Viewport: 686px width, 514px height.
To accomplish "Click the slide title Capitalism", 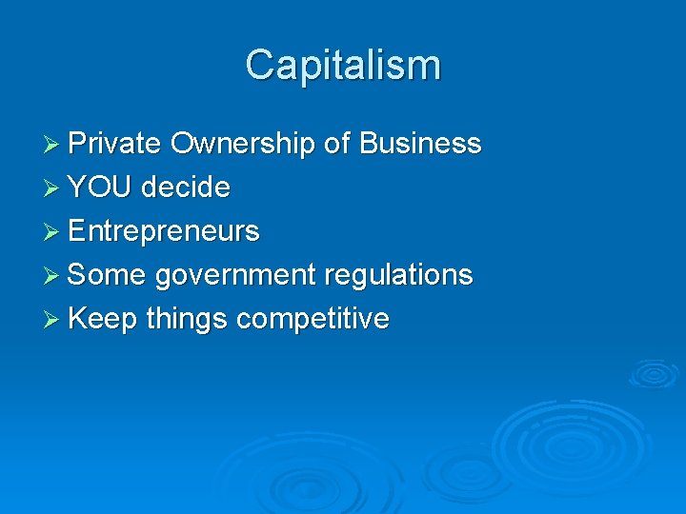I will pyautogui.click(x=343, y=66).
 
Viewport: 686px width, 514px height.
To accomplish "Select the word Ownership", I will pyautogui.click(x=242, y=144).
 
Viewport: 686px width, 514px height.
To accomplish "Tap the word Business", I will pyautogui.click(x=420, y=144).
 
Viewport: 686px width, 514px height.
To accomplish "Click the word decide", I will pyautogui.click(x=186, y=188).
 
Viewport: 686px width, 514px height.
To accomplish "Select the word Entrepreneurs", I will pyautogui.click(x=164, y=231).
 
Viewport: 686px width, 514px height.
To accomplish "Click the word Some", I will pyautogui.click(x=107, y=275).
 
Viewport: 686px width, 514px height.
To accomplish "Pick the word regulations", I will pyautogui.click(x=398, y=275).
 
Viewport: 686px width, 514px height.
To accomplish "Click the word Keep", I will pyautogui.click(x=103, y=319).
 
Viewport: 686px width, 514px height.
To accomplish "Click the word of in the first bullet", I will pyautogui.click(x=336, y=144).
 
